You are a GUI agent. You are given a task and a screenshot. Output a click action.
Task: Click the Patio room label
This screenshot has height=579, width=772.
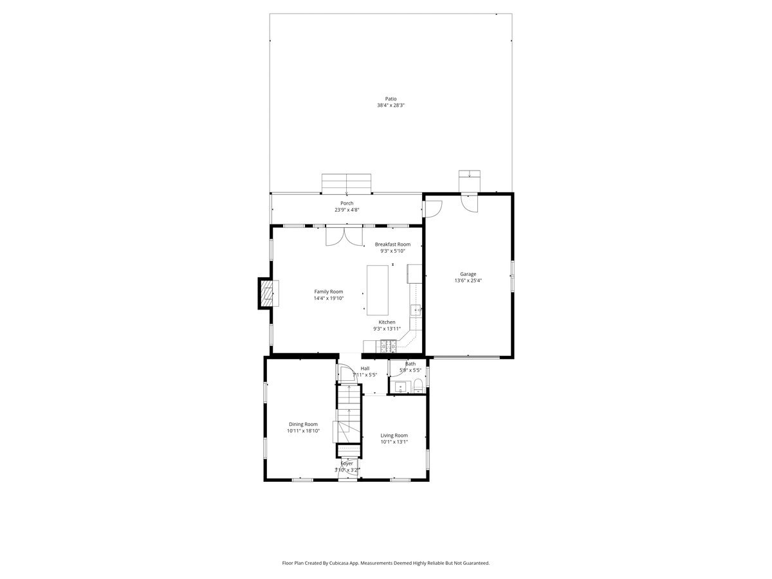coord(391,99)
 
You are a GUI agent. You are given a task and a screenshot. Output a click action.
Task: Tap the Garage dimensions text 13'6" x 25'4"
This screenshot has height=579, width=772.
coord(468,280)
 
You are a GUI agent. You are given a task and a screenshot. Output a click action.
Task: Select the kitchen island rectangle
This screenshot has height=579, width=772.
coord(378,290)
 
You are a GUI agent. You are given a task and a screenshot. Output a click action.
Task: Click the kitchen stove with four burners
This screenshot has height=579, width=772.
coord(389,346)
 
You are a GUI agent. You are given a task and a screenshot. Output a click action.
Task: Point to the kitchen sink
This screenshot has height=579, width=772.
coord(416,311)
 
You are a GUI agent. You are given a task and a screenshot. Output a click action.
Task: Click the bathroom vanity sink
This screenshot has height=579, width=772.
coord(400,388)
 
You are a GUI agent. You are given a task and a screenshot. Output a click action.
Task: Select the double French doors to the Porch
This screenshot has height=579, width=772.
coord(344,236)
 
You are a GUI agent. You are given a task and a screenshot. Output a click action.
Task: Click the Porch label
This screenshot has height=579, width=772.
coord(346,203)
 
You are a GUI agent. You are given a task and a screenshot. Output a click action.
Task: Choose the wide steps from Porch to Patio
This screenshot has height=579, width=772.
coord(346,183)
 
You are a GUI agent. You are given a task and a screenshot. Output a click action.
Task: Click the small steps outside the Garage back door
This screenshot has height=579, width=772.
coord(469,181)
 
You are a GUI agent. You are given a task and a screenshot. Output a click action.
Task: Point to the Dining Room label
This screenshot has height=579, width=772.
coord(303,425)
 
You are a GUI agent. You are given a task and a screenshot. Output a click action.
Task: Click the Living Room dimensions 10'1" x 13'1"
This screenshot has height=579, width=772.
coord(394,442)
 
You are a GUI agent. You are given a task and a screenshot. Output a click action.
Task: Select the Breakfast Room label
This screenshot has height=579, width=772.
coord(392,244)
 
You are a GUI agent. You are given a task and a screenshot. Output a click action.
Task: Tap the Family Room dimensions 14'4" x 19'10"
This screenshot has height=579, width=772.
coord(329,298)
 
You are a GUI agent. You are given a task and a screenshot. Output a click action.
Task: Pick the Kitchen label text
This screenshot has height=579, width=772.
coord(387,322)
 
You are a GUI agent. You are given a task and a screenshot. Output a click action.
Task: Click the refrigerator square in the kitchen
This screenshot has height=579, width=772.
coord(414,274)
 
